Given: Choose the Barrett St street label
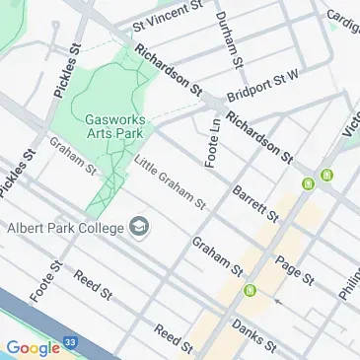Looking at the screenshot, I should pos(253,202).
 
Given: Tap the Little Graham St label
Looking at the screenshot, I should pos(169,182).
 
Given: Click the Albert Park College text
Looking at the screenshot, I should pos(65,229).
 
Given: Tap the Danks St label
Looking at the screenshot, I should pos(252,335).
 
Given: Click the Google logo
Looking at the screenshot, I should pos(33,347).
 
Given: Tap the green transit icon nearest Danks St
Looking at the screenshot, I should pos(251,291).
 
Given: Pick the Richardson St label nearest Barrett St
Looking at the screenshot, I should pos(260,136).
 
